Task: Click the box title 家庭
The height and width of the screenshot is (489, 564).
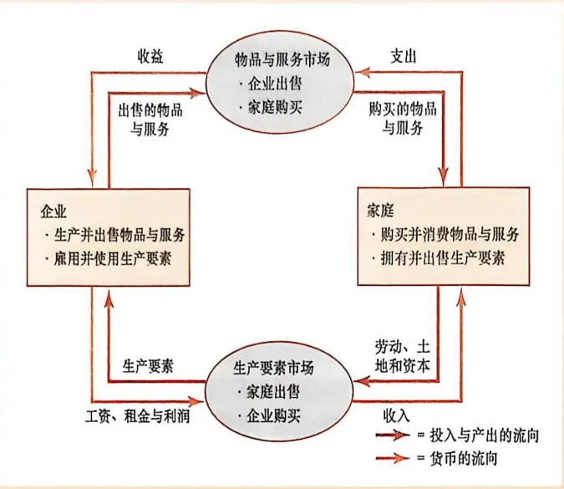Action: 379,206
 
